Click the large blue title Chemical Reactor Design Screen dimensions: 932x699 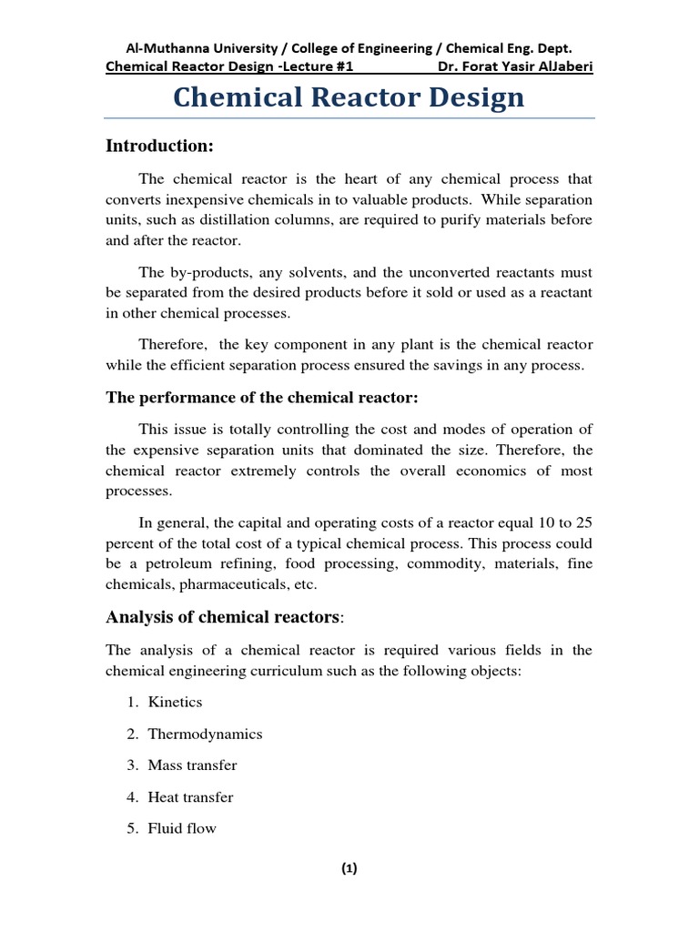[x=349, y=97]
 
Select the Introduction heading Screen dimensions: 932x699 [x=159, y=146]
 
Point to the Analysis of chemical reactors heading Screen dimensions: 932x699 [x=225, y=617]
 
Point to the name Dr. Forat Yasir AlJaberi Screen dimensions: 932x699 [x=515, y=66]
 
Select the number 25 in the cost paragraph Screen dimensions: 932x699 [x=583, y=522]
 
